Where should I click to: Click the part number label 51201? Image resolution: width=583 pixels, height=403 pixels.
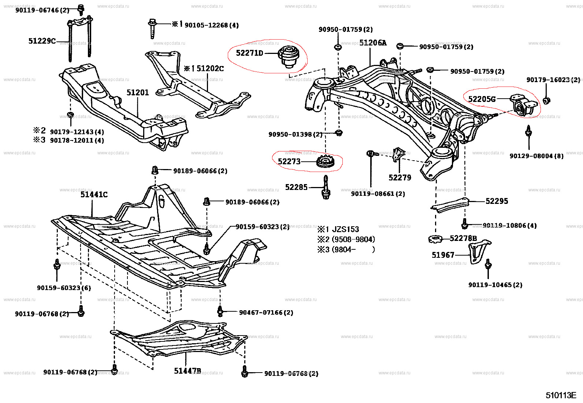click(138, 92)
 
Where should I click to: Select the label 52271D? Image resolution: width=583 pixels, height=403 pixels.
click(249, 53)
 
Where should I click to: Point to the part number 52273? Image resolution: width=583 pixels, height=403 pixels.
click(289, 162)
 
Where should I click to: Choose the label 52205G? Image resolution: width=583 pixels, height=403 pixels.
click(482, 99)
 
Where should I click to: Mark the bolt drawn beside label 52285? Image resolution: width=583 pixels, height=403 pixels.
click(326, 188)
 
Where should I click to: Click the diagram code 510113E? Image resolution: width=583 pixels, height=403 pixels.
click(561, 395)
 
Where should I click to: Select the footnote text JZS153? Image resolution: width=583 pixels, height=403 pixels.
click(345, 230)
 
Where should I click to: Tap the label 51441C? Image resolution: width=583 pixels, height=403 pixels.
click(94, 195)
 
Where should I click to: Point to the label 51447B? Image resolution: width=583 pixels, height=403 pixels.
click(187, 371)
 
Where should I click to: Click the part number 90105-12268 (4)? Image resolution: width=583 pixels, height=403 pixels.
click(211, 25)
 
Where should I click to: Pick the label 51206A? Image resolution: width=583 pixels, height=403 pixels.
click(373, 43)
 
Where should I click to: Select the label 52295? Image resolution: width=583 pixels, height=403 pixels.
click(497, 201)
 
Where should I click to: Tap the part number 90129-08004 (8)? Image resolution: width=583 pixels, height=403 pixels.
click(536, 156)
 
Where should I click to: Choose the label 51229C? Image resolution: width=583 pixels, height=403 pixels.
click(42, 41)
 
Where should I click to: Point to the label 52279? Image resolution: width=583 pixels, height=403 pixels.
click(400, 178)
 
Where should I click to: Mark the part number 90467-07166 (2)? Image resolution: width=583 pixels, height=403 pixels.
click(266, 313)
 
